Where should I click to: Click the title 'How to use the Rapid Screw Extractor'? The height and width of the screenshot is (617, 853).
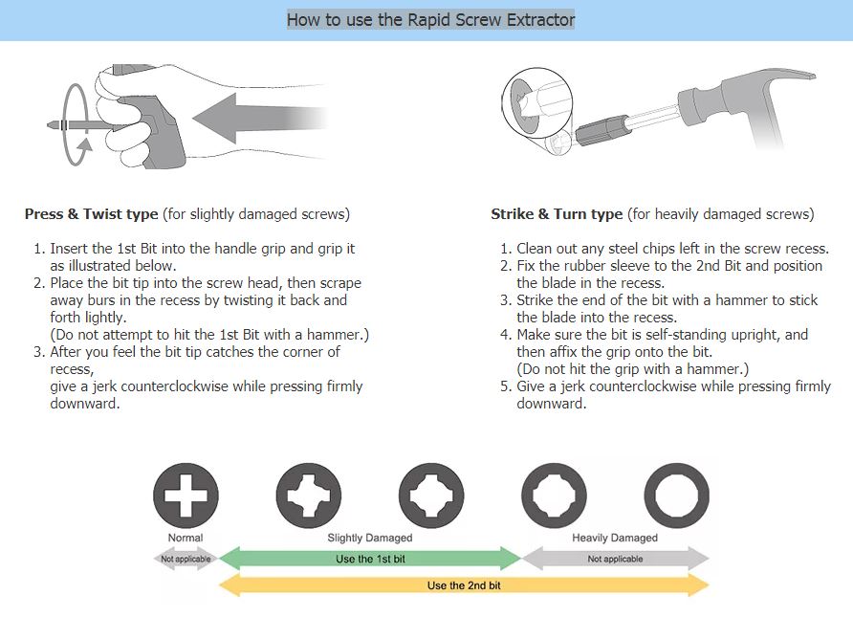pyautogui.click(x=430, y=19)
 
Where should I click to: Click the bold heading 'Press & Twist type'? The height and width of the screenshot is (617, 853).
pyautogui.click(x=92, y=214)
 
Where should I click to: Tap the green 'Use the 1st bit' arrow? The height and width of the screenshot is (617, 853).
pyautogui.click(x=369, y=559)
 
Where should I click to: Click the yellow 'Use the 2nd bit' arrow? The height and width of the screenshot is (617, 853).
pyautogui.click(x=464, y=585)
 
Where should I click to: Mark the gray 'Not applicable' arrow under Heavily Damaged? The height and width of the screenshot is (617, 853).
pyautogui.click(x=615, y=559)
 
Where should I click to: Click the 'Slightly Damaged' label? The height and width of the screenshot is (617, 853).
pyautogui.click(x=370, y=538)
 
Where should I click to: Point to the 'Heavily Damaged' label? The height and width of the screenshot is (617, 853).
pyautogui.click(x=615, y=538)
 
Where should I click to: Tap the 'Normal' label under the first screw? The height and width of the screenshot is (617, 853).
pyautogui.click(x=186, y=538)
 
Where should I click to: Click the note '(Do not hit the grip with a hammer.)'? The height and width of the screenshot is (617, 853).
pyautogui.click(x=632, y=369)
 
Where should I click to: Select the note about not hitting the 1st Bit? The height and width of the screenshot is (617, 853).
pyautogui.click(x=209, y=335)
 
